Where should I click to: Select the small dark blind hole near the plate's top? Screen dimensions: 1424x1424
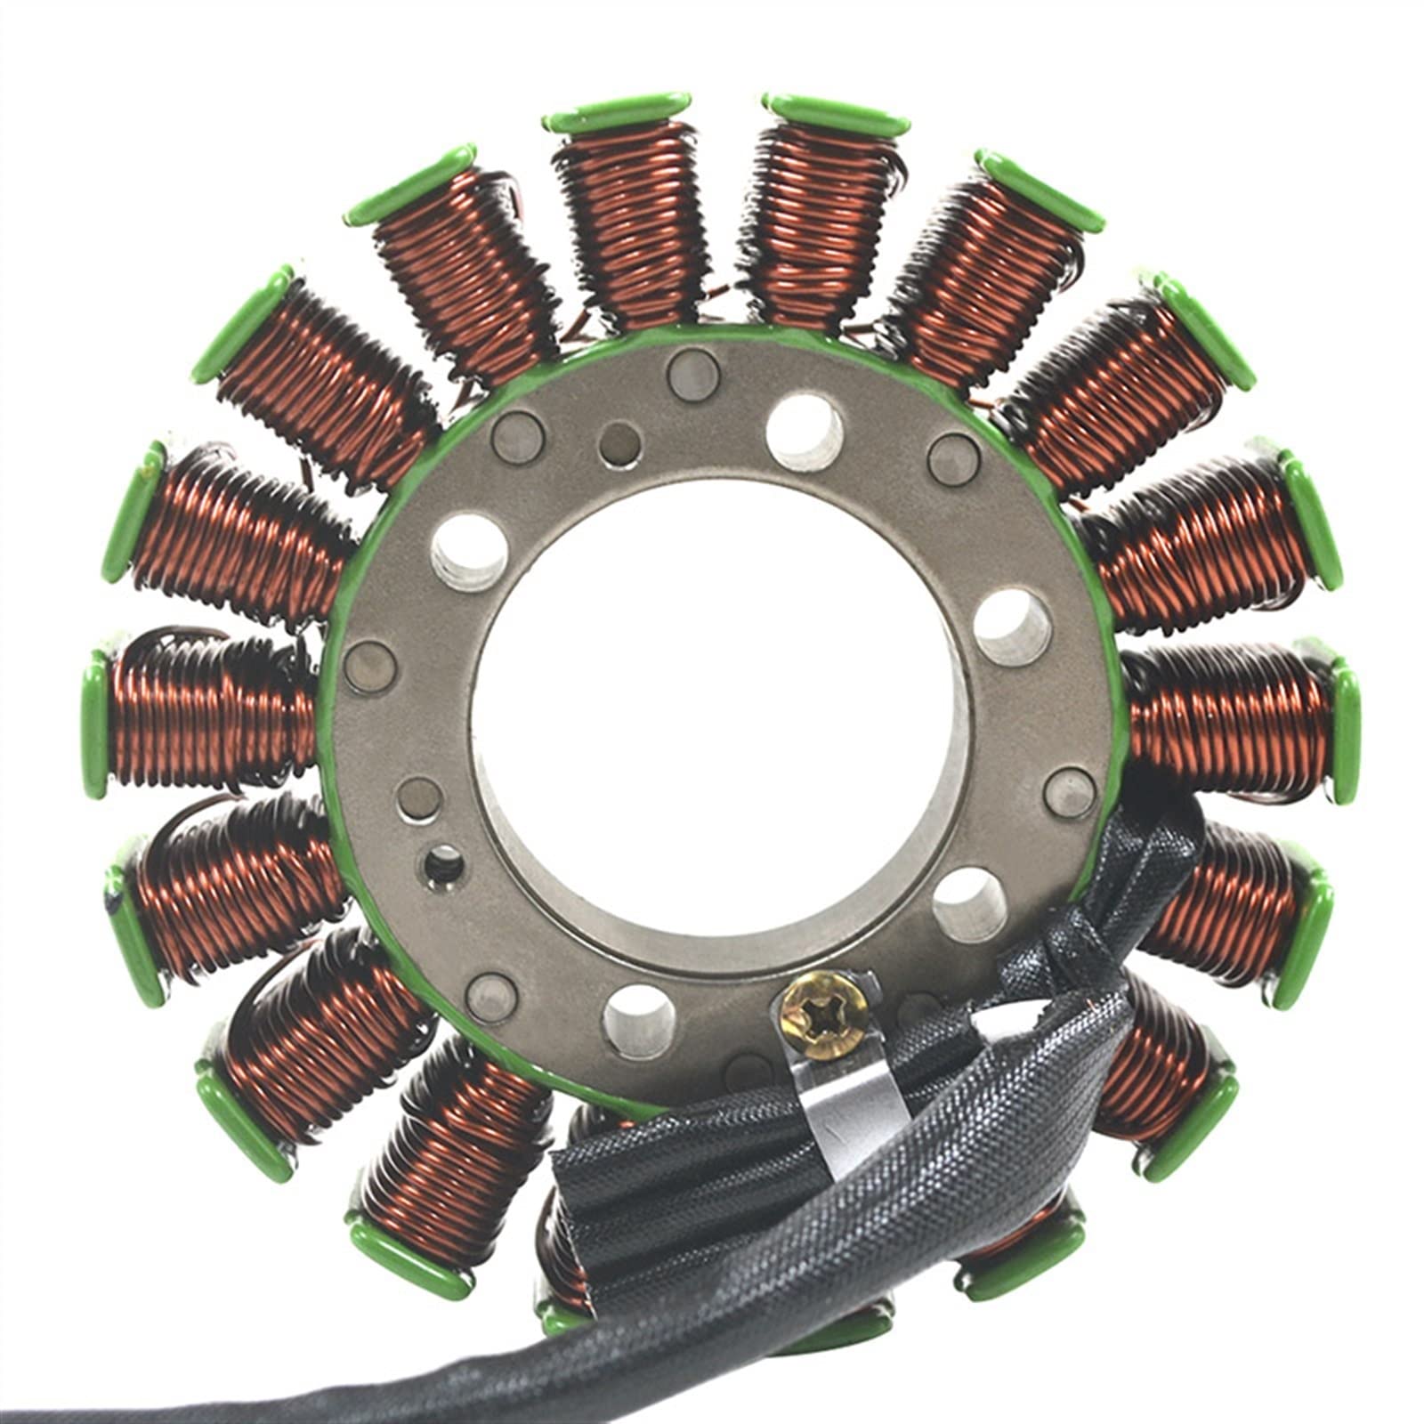620,441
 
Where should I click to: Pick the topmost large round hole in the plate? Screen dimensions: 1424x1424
805,432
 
